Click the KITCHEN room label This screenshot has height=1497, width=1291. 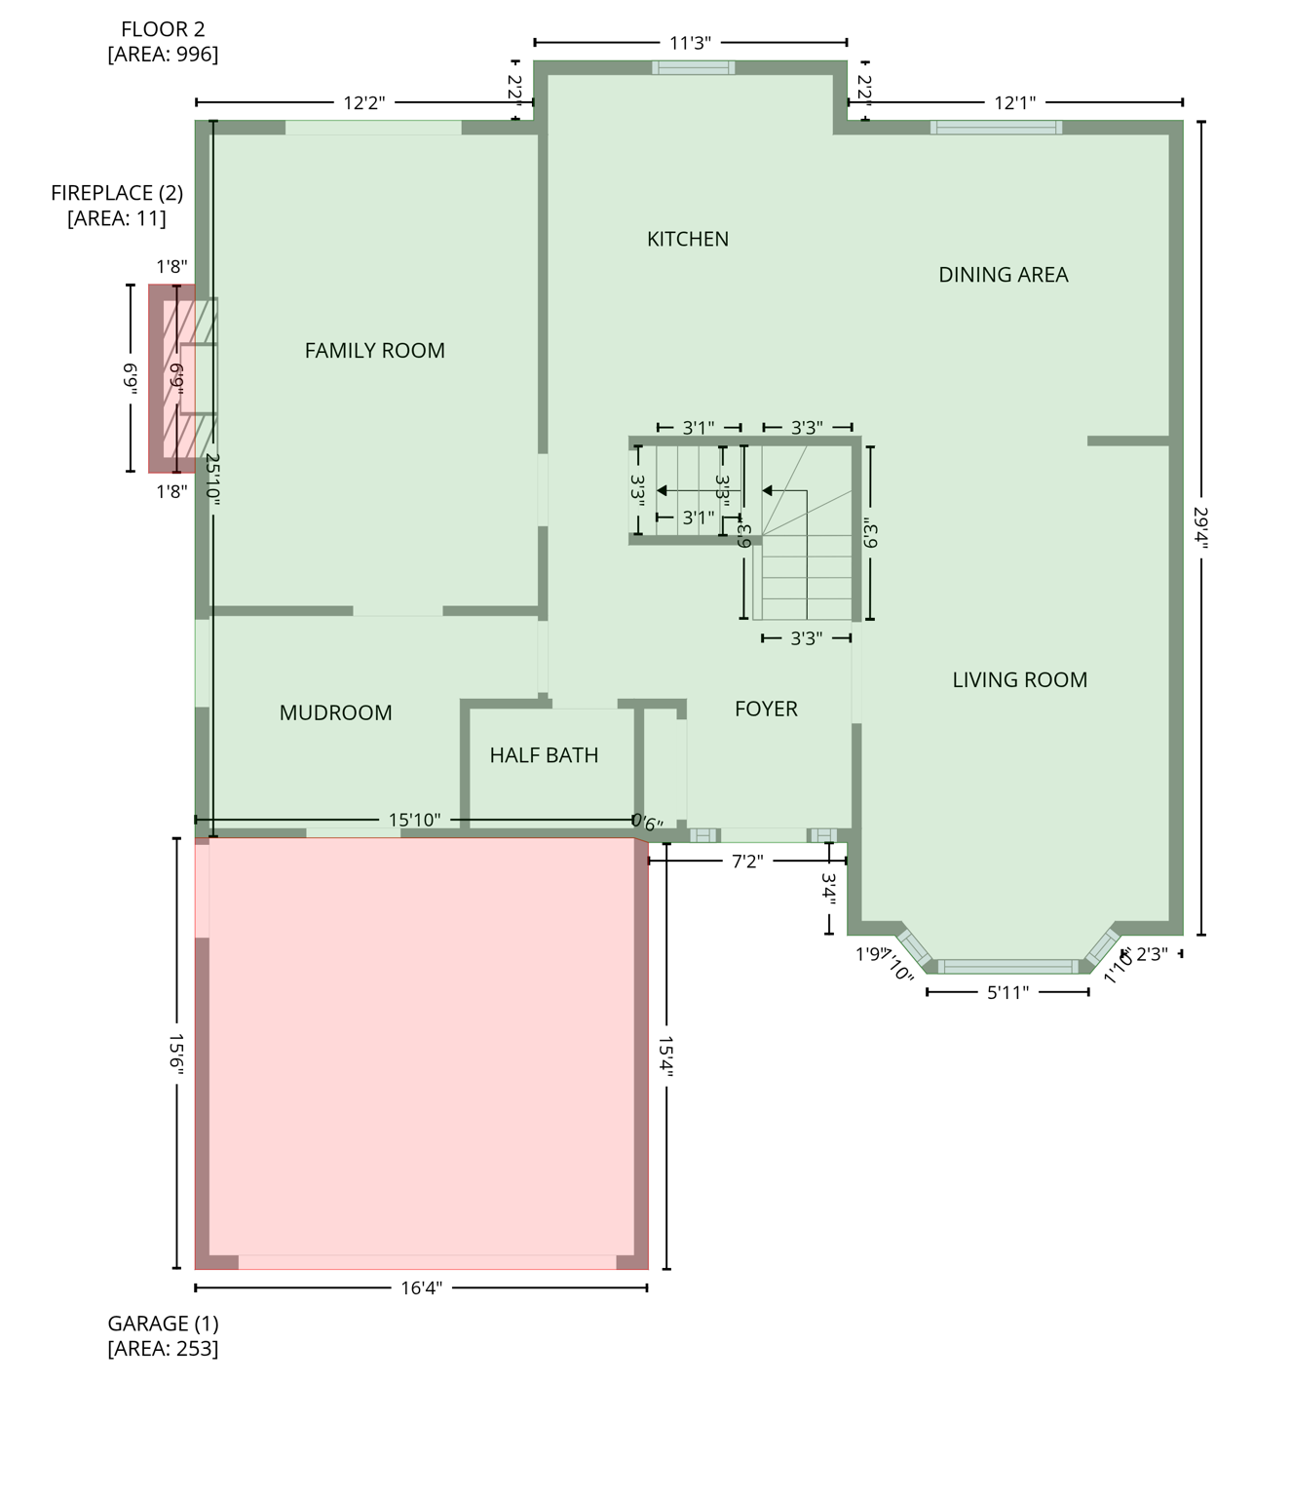click(687, 239)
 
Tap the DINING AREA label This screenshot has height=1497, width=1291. click(1003, 275)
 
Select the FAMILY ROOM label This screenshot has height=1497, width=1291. click(374, 351)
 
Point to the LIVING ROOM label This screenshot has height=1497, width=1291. click(1019, 680)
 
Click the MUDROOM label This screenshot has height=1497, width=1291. click(335, 712)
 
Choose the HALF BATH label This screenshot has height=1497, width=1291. click(544, 755)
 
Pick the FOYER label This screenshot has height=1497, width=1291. click(766, 709)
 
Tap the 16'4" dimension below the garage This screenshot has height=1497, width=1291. click(421, 1288)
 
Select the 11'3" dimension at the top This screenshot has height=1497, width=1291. click(690, 43)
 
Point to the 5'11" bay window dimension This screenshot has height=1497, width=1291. click(1007, 992)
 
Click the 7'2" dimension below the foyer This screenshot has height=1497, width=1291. click(747, 862)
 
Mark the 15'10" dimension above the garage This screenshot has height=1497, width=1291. click(414, 820)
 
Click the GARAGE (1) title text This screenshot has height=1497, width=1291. click(163, 1324)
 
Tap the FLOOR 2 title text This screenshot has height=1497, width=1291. click(163, 29)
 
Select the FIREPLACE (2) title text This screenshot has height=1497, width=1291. click(117, 193)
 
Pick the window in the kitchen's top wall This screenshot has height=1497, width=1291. click(693, 67)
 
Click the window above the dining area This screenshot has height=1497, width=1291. click(995, 127)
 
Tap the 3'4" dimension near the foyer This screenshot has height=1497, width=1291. click(828, 889)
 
